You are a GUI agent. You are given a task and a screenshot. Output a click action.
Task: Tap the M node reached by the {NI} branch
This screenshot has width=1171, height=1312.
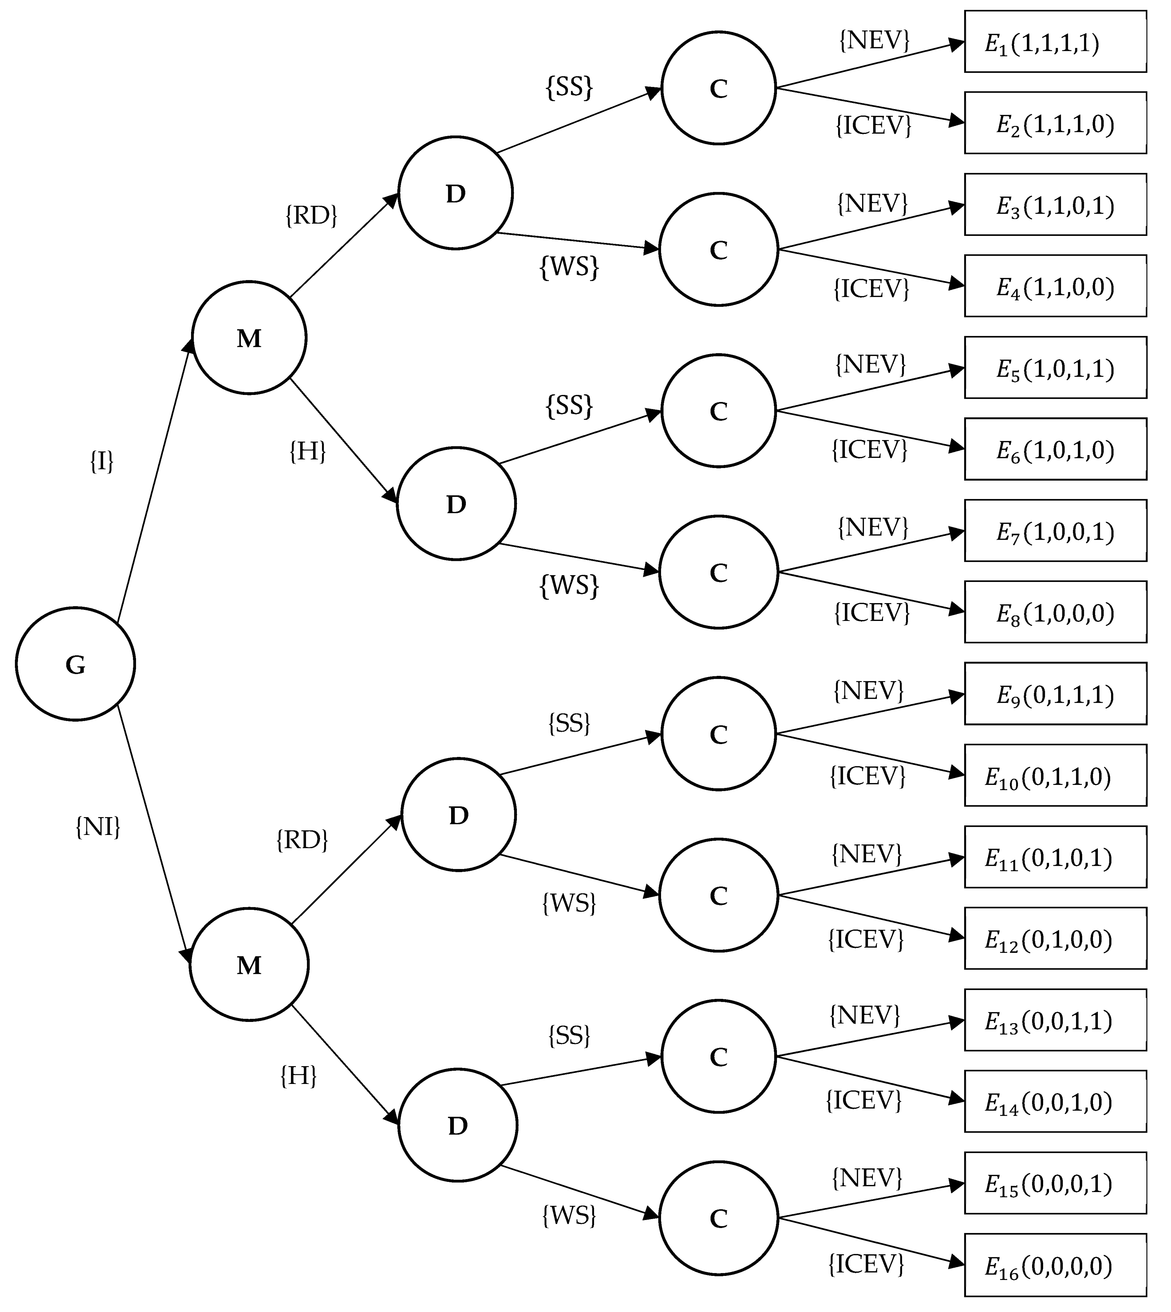[249, 964]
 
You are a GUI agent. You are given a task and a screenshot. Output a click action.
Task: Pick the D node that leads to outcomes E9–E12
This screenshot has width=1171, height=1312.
[458, 815]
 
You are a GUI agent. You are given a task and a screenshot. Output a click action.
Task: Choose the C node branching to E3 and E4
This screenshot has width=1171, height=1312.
[719, 250]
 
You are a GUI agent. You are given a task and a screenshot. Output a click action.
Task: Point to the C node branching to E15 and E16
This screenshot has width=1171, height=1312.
[719, 1217]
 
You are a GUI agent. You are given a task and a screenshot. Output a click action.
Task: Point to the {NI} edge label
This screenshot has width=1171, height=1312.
[98, 827]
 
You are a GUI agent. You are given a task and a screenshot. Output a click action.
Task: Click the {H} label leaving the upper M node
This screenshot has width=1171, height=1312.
[308, 452]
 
